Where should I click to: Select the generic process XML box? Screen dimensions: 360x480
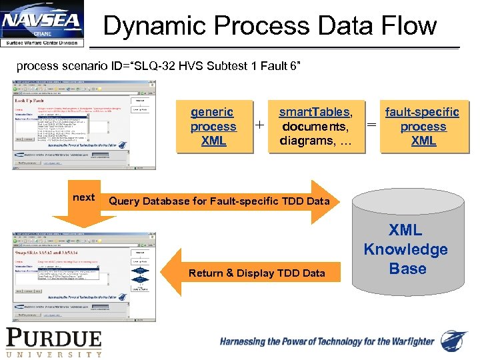click(x=213, y=127)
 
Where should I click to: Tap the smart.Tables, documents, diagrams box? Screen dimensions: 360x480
click(x=315, y=127)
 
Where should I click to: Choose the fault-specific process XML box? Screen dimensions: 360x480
click(x=423, y=127)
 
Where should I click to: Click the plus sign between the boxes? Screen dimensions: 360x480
click(x=259, y=125)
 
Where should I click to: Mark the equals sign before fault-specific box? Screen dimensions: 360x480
click(x=372, y=125)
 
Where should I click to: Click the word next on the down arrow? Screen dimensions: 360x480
click(x=83, y=197)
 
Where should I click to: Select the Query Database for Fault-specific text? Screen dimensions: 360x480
click(x=219, y=201)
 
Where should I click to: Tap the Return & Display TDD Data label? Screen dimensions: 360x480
click(x=257, y=273)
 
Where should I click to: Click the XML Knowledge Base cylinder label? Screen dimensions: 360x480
click(x=405, y=249)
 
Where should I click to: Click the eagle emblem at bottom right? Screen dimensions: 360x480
click(x=455, y=341)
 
